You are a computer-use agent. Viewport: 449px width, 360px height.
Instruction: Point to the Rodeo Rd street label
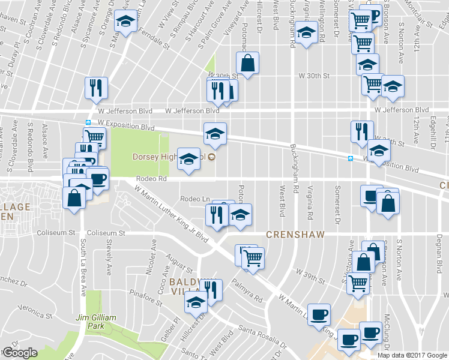[151, 179]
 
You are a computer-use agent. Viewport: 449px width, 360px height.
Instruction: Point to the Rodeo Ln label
[194, 199]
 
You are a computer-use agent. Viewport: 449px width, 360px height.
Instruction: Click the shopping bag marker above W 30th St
[247, 62]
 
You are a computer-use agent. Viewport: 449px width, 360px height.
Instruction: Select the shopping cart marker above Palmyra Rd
[253, 258]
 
